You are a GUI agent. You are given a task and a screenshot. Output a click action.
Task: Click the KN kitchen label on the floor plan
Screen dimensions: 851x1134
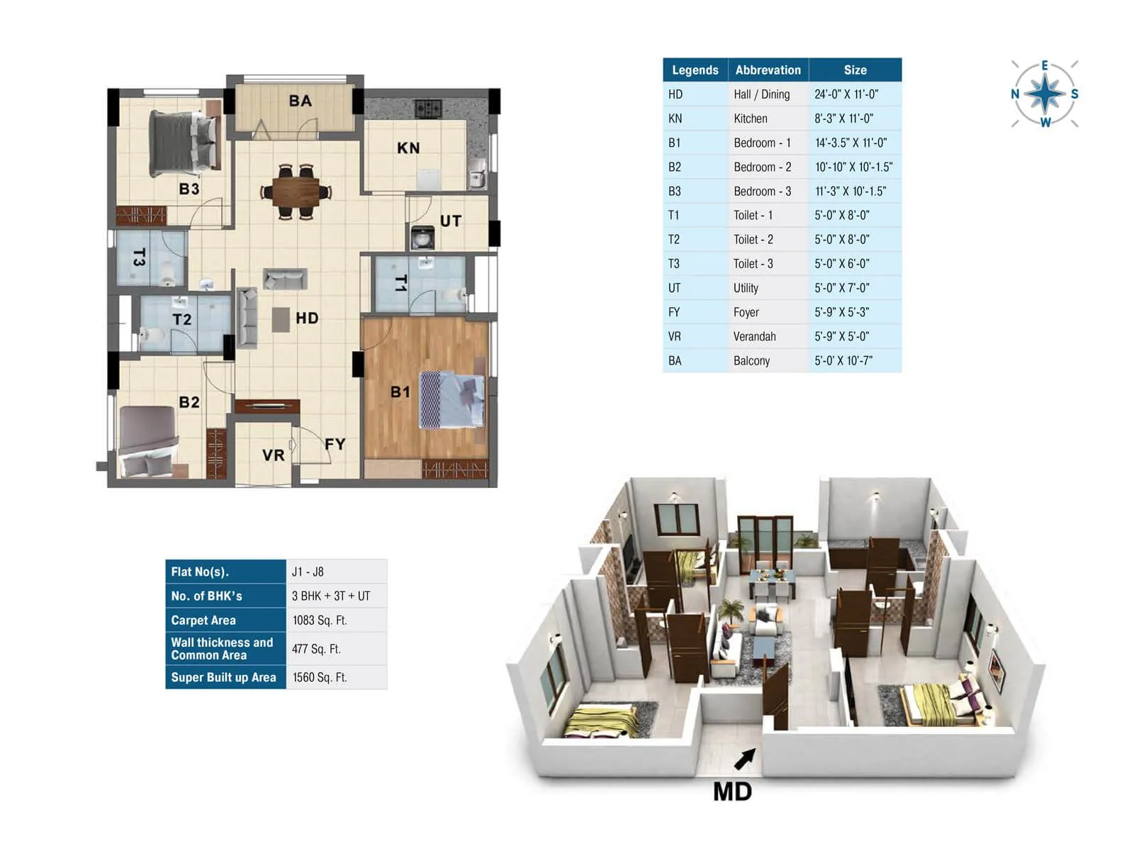408,148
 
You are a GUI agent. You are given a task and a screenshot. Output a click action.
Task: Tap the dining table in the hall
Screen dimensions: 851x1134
296,191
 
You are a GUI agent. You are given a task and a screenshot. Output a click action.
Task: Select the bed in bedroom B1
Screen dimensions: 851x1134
452,400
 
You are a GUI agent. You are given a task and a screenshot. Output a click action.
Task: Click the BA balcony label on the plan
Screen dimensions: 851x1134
300,101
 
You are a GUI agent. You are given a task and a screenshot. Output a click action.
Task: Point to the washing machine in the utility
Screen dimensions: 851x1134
422,237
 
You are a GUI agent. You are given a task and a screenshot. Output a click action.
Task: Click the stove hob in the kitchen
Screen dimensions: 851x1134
428,109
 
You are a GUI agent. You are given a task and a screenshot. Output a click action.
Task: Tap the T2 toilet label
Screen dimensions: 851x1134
182,320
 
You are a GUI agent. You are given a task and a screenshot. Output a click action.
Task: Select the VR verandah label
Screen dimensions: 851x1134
273,455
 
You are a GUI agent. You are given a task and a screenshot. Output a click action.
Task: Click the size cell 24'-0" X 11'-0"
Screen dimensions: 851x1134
846,94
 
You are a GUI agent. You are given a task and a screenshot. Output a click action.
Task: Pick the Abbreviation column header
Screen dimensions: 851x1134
768,70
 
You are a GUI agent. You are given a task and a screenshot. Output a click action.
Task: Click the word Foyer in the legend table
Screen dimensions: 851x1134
746,312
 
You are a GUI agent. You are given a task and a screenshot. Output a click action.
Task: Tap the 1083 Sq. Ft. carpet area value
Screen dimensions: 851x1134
320,621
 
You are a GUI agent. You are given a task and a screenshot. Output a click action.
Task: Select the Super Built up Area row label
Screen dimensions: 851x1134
223,677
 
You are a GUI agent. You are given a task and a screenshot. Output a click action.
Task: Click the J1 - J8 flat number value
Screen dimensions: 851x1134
308,572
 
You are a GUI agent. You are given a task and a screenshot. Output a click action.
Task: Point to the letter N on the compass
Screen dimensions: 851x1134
1015,94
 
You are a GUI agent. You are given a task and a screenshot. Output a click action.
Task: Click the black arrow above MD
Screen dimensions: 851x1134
744,759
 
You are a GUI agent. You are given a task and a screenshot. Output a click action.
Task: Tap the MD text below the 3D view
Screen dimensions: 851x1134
732,791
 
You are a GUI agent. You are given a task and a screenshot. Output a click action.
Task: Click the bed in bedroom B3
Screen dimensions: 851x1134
183,145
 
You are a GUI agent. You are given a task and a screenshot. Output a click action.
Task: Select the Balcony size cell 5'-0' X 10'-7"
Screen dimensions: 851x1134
843,360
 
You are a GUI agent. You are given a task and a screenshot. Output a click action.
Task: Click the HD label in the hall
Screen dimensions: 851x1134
307,318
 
